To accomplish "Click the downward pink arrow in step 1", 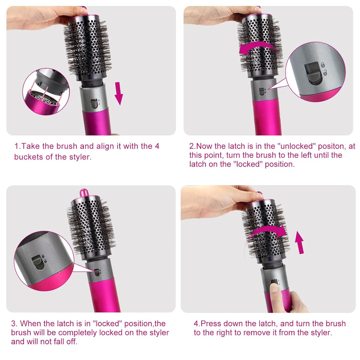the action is pyautogui.click(x=119, y=93).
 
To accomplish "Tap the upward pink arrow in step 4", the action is pyautogui.click(x=299, y=242).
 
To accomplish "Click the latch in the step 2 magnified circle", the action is pyautogui.click(x=313, y=73).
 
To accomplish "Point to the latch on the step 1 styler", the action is pyautogui.click(x=94, y=103).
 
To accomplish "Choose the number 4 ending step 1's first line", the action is pyautogui.click(x=157, y=146).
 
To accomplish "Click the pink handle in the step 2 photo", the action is pyautogui.click(x=267, y=117).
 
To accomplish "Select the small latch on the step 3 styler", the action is pyautogui.click(x=97, y=273).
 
